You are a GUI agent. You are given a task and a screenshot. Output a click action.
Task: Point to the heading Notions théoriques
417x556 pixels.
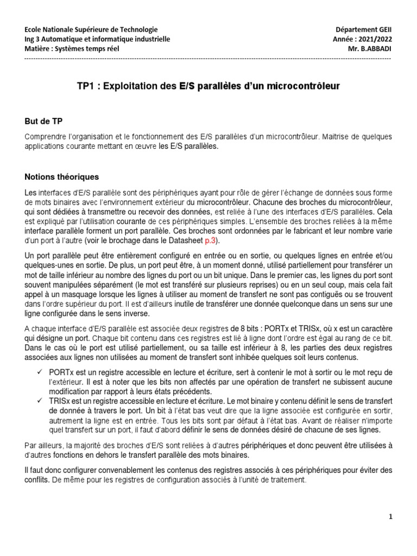[62, 176]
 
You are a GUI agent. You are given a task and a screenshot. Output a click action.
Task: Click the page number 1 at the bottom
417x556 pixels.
[390, 517]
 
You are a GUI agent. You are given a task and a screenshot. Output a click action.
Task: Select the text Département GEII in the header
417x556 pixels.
[363, 29]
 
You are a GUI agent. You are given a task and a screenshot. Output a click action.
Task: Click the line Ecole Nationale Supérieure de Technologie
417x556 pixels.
[91, 29]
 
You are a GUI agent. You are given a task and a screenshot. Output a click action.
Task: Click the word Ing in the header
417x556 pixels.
[31, 39]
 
